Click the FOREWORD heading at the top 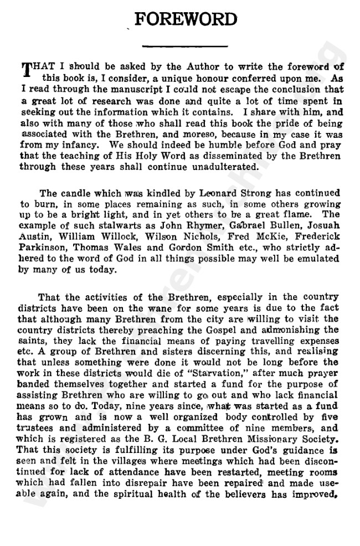(x=186, y=19)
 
